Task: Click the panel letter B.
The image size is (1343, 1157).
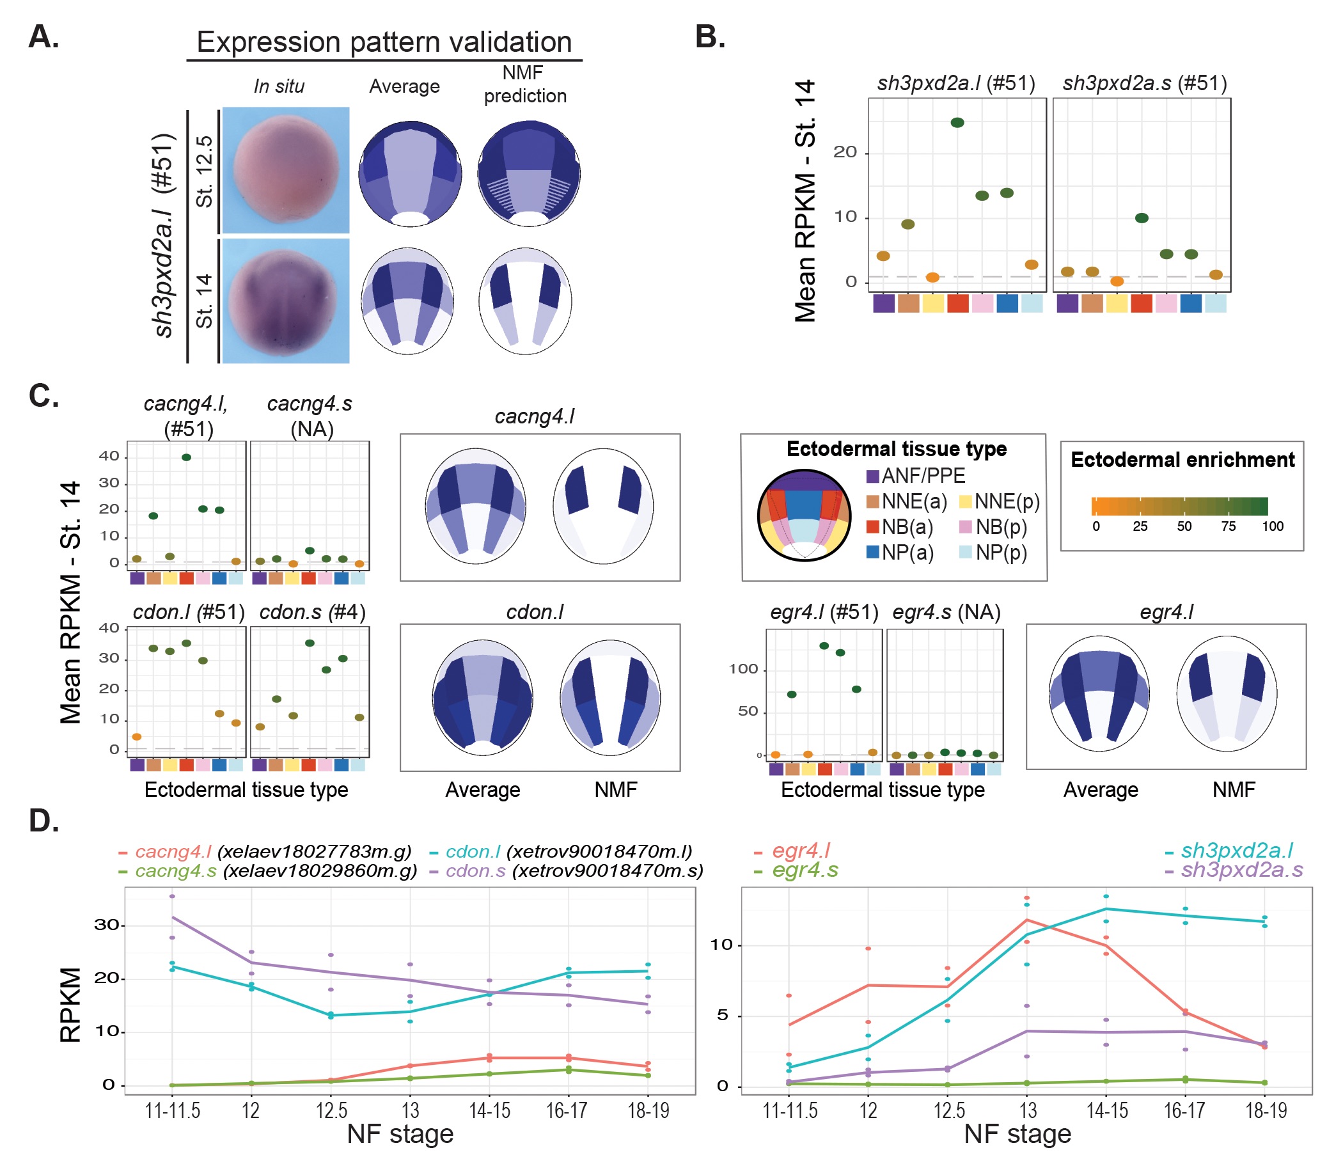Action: pyautogui.click(x=709, y=37)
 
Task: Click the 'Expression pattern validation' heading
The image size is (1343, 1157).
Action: pyautogui.click(x=384, y=42)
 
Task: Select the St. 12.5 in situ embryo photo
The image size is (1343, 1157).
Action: pyautogui.click(x=286, y=170)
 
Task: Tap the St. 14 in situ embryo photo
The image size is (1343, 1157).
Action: pyautogui.click(x=286, y=301)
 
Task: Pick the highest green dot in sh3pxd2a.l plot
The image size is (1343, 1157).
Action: pyautogui.click(x=957, y=123)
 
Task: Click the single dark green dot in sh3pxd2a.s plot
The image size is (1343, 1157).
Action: pyautogui.click(x=1142, y=218)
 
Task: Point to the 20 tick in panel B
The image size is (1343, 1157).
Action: pyautogui.click(x=845, y=152)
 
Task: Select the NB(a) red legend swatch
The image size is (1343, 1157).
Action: pyautogui.click(x=873, y=527)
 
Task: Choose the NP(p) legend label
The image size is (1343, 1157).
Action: pyautogui.click(x=1001, y=553)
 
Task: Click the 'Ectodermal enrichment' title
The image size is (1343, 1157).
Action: pyautogui.click(x=1182, y=460)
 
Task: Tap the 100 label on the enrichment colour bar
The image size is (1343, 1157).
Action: pyautogui.click(x=1273, y=526)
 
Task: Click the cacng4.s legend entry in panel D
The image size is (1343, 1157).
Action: pyautogui.click(x=176, y=871)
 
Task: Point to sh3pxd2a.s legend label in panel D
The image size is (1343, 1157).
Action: pyautogui.click(x=1241, y=870)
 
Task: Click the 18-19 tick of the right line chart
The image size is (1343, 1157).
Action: pyautogui.click(x=1266, y=1111)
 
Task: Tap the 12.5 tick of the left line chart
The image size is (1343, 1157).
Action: pyautogui.click(x=331, y=1111)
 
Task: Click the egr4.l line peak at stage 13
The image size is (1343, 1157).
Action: pyautogui.click(x=1026, y=920)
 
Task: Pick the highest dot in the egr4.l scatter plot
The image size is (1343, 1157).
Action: pyautogui.click(x=824, y=645)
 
